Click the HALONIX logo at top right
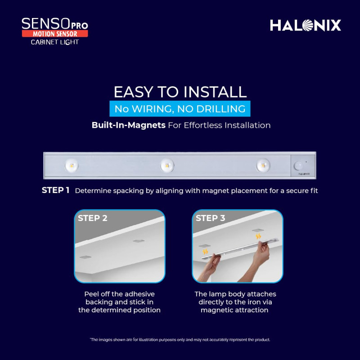pyautogui.click(x=306, y=25)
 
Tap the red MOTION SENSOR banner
pyautogui.click(x=55, y=34)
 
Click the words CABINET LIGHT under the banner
pyautogui.click(x=55, y=42)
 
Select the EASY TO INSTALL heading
pyautogui.click(x=180, y=92)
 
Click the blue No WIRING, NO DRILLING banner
pyautogui.click(x=180, y=108)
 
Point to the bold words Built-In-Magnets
pyautogui.click(x=129, y=125)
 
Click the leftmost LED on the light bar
pyautogui.click(x=72, y=165)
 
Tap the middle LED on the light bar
pyautogui.click(x=167, y=165)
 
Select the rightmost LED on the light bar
pyautogui.click(x=263, y=165)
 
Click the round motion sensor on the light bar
pyautogui.click(x=298, y=166)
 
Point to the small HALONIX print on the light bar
pyautogui.click(x=304, y=174)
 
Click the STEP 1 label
pyautogui.click(x=55, y=190)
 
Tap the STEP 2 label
pyautogui.click(x=93, y=218)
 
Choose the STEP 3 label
pyautogui.click(x=210, y=218)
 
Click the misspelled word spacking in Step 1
pyautogui.click(x=128, y=191)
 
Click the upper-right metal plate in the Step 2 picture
pyautogui.click(x=139, y=241)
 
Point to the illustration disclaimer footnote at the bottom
pyautogui.click(x=180, y=340)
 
